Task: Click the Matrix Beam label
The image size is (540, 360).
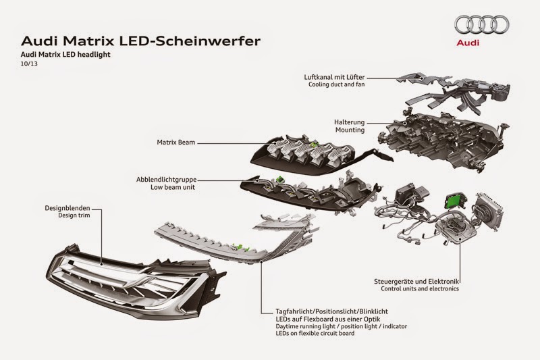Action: tap(173, 143)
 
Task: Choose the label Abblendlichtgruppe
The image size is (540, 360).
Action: tap(169, 180)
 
